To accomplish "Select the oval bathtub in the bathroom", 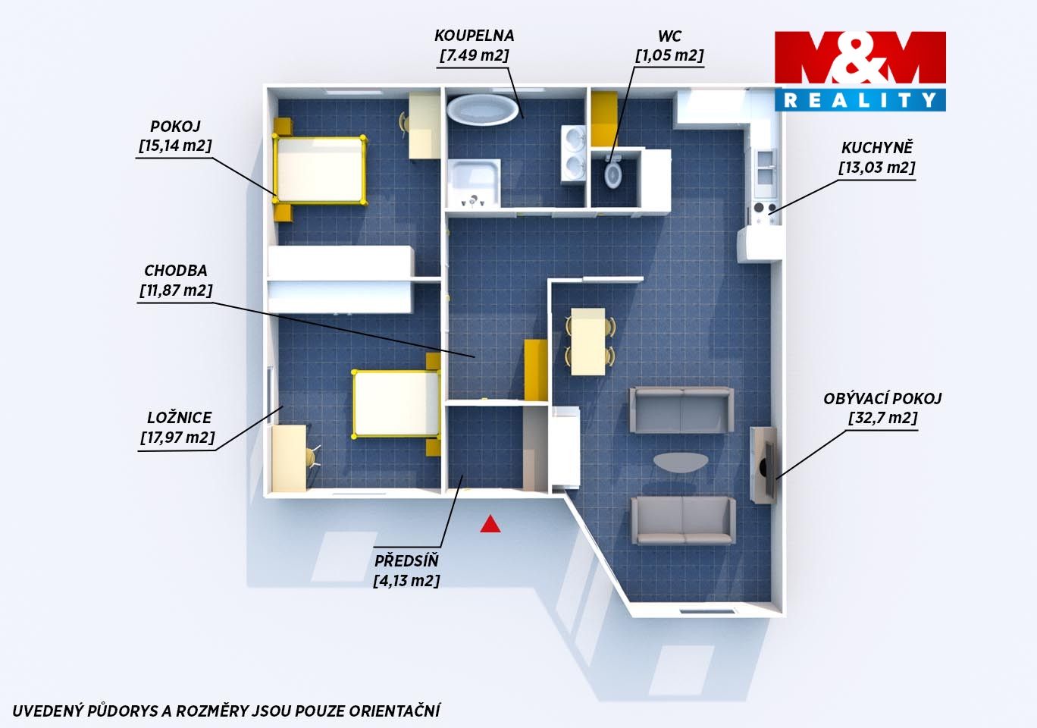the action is pyautogui.click(x=482, y=110).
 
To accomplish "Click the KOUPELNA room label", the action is pyautogui.click(x=474, y=36).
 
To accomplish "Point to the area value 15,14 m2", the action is pyautogui.click(x=175, y=146).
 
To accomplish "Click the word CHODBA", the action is pyautogui.click(x=175, y=271).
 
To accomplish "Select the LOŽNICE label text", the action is pyautogui.click(x=179, y=418).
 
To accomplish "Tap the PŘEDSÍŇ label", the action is pyautogui.click(x=406, y=561).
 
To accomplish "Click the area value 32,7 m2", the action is pyautogui.click(x=882, y=418).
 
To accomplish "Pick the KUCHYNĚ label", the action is pyautogui.click(x=877, y=147).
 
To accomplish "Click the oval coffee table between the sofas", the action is pyautogui.click(x=681, y=462).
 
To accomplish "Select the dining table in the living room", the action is pyautogui.click(x=588, y=341).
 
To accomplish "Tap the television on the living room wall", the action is pyautogui.click(x=769, y=466).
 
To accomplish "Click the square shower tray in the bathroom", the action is pyautogui.click(x=473, y=184).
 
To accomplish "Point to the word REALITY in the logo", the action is pyautogui.click(x=860, y=100).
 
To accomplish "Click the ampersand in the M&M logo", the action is pyautogui.click(x=860, y=58).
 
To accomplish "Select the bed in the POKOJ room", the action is pyautogui.click(x=319, y=170).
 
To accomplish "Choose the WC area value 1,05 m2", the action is pyautogui.click(x=669, y=55).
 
